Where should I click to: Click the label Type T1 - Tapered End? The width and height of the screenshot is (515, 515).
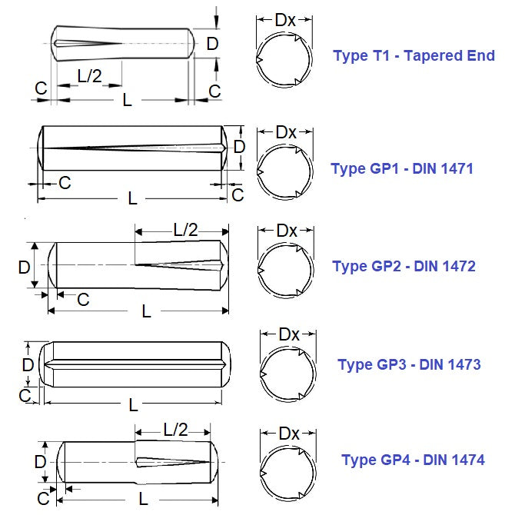click(x=414, y=56)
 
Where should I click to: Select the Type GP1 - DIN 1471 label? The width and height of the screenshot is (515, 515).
click(x=402, y=168)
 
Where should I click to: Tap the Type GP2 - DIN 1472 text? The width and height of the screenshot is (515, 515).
click(x=404, y=267)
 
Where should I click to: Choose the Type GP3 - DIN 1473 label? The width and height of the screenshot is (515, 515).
click(x=409, y=364)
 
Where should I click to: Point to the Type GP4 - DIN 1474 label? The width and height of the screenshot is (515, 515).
click(x=413, y=460)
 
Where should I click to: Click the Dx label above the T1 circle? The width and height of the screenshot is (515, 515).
click(x=285, y=20)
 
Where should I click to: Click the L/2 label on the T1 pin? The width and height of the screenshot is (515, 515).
click(x=90, y=75)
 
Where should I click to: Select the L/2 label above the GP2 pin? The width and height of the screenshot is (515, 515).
click(x=185, y=229)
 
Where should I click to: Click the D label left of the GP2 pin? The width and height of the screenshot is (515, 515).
click(x=24, y=267)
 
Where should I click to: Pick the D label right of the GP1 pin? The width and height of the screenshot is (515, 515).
click(x=239, y=146)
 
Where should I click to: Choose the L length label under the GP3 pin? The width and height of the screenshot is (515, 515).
click(x=133, y=404)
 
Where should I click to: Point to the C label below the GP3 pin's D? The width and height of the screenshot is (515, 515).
click(x=25, y=395)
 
